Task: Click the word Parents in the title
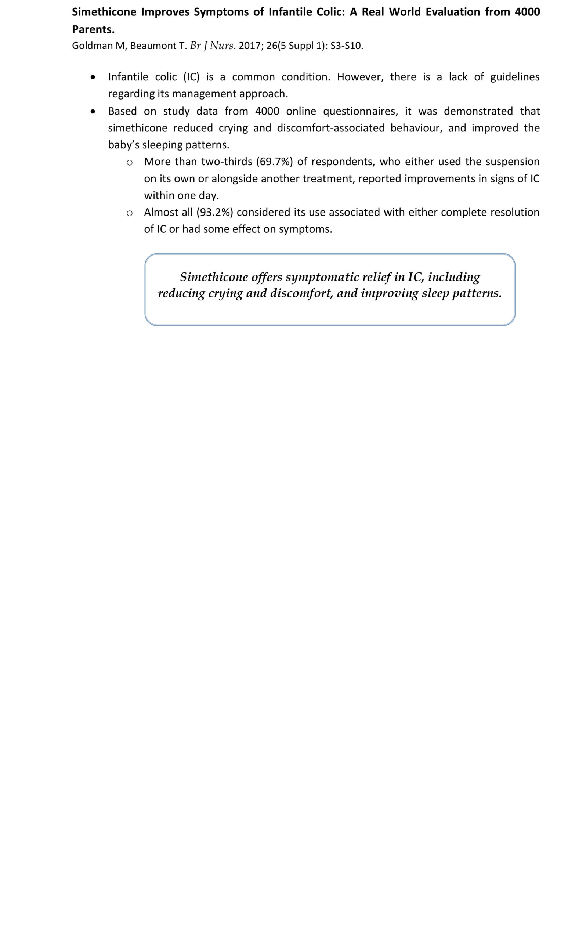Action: coord(93,29)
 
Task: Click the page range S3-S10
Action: coord(346,46)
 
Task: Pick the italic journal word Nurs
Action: coord(221,46)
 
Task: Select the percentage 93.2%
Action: coord(215,212)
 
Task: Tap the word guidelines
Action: coord(515,77)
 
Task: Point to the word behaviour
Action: coord(416,128)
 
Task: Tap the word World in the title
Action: coord(405,12)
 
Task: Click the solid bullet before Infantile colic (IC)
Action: coord(92,77)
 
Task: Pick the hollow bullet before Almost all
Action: coord(130,213)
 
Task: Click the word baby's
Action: coord(124,145)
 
